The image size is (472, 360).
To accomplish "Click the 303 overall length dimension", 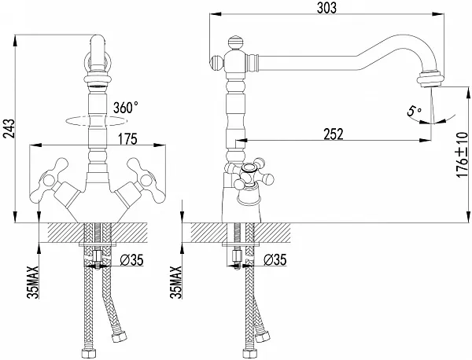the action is pos(326,8).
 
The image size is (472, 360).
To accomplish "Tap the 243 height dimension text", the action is pos(9,129).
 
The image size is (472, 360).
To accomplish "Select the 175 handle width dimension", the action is pos(127,139).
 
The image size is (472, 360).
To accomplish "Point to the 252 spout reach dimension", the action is pos(334,134).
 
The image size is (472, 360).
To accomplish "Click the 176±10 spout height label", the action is pos(463,155).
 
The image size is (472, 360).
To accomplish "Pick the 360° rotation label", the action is pos(126,108).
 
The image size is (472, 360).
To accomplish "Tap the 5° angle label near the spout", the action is pos(414,111).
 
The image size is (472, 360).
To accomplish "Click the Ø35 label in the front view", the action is pos(131,260).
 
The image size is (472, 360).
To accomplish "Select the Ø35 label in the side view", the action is pos(275,260).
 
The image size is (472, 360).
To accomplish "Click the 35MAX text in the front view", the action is pos(33,282).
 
